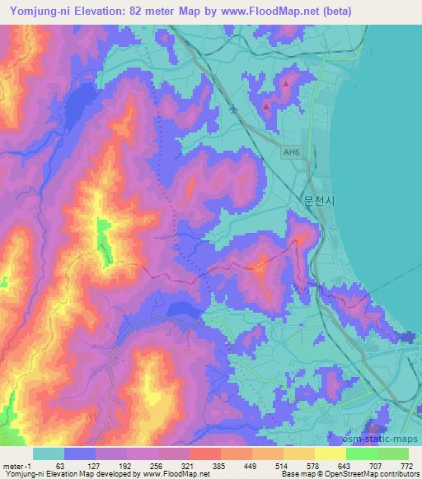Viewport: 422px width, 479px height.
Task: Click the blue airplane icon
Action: click(x=233, y=108)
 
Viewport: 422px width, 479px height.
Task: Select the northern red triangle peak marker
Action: click(x=286, y=83)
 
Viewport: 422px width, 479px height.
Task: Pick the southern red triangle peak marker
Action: click(x=267, y=105)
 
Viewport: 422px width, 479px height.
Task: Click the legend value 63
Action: click(x=60, y=467)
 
